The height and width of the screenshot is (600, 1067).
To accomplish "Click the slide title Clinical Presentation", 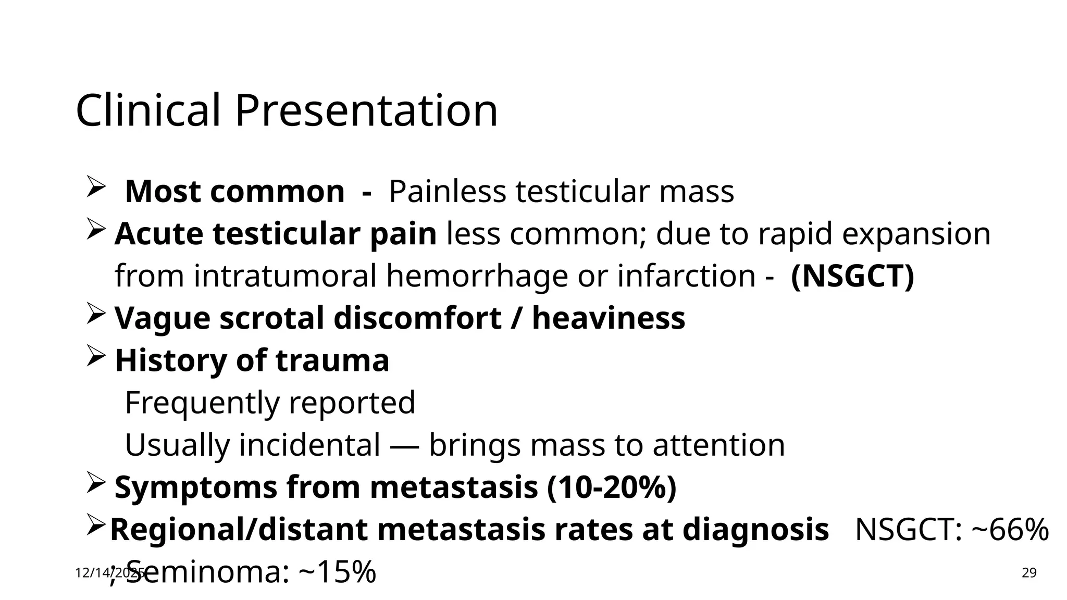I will [287, 110].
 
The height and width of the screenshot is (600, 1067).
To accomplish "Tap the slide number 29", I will [1029, 573].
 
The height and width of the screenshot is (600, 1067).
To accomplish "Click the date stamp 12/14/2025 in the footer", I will [110, 573].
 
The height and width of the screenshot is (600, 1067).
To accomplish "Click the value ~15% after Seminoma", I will [337, 572].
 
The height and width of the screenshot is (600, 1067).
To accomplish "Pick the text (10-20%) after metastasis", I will [612, 487].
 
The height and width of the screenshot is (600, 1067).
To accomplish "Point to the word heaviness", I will [608, 318].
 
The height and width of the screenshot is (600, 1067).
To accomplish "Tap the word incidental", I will [309, 445].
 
